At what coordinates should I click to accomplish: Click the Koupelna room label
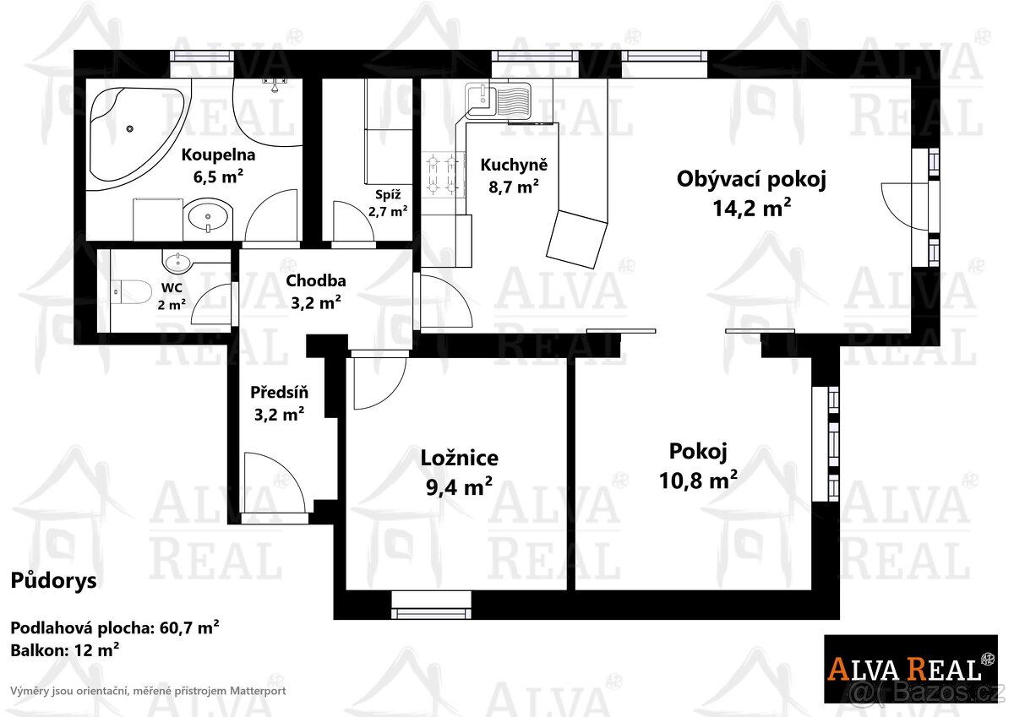point(218,165)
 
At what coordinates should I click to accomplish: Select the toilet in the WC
point(129,291)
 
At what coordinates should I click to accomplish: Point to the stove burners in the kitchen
point(443,173)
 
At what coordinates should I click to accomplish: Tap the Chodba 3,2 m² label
point(315,290)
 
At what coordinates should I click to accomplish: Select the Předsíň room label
point(279,403)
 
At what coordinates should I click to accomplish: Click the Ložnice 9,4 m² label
point(459,470)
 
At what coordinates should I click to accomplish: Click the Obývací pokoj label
point(750,192)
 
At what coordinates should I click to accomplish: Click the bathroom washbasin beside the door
point(208,218)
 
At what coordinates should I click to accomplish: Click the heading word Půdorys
point(53,581)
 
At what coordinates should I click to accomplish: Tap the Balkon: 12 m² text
point(64,649)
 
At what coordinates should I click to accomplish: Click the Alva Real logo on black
point(910,668)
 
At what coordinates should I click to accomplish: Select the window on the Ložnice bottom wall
point(431,599)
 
